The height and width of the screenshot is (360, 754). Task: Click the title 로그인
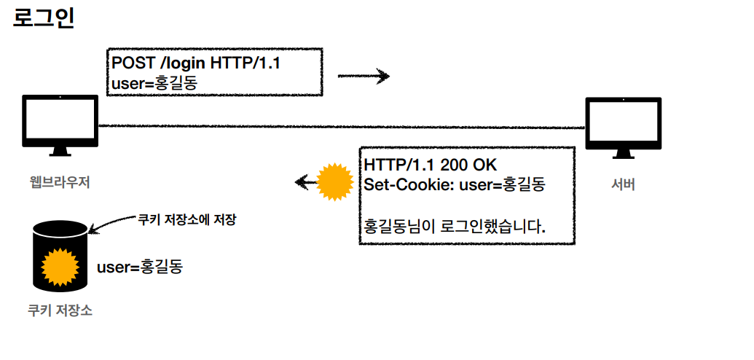(x=44, y=17)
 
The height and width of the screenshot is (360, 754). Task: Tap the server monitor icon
(x=624, y=126)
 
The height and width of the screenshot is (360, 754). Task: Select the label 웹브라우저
(x=60, y=182)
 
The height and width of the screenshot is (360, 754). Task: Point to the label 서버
(x=623, y=185)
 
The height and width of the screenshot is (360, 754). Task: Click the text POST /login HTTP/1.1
(x=196, y=63)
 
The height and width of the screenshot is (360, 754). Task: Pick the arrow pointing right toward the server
(x=364, y=76)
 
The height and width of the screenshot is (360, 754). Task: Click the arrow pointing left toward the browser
(x=305, y=181)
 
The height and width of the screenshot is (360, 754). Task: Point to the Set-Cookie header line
(x=455, y=184)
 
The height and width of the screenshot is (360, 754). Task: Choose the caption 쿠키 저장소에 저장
(x=187, y=219)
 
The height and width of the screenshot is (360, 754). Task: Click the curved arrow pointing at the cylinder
(x=113, y=223)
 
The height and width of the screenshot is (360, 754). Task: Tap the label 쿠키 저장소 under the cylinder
(x=60, y=312)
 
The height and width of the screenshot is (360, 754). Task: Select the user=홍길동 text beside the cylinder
(x=139, y=267)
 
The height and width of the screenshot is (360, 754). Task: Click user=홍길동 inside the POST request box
(x=154, y=83)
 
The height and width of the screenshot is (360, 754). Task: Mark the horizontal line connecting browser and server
(x=342, y=127)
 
